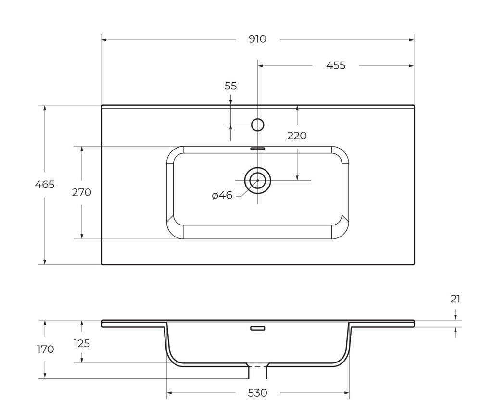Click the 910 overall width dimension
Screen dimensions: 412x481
pos(257,39)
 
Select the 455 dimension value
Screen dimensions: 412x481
pos(336,66)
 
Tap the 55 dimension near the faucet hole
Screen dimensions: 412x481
pos(231,86)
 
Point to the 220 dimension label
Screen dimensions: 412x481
pos(297,136)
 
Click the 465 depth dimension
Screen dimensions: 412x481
pos(45,185)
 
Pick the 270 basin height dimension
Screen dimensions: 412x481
pos(81,193)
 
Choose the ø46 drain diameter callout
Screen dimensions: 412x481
pos(222,196)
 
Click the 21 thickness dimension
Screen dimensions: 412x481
pos(455,299)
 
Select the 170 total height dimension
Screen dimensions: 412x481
pos(45,350)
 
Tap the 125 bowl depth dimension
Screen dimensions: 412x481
pos(81,344)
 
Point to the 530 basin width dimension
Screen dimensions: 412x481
pos(257,393)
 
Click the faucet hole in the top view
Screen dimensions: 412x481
pos(258,125)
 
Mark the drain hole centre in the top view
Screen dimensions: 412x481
pos(258,180)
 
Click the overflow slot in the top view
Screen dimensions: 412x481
pos(257,149)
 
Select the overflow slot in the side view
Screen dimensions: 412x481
pos(257,328)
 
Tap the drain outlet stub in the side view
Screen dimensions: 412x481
pos(257,371)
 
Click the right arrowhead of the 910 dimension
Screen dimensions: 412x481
pos(411,40)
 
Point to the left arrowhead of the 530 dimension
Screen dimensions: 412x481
pos(169,393)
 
